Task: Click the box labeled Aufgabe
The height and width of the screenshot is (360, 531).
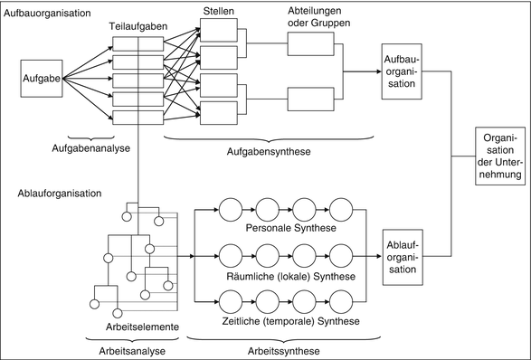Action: tap(40, 80)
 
